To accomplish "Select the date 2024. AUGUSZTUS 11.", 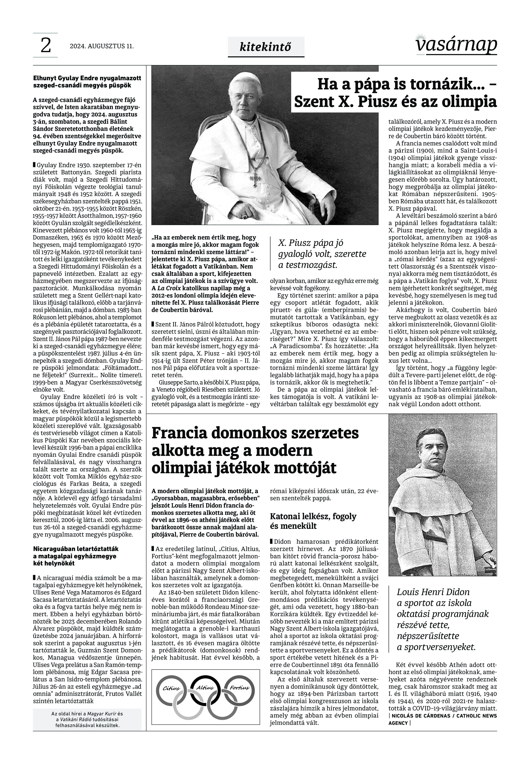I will (x=102, y=46).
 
